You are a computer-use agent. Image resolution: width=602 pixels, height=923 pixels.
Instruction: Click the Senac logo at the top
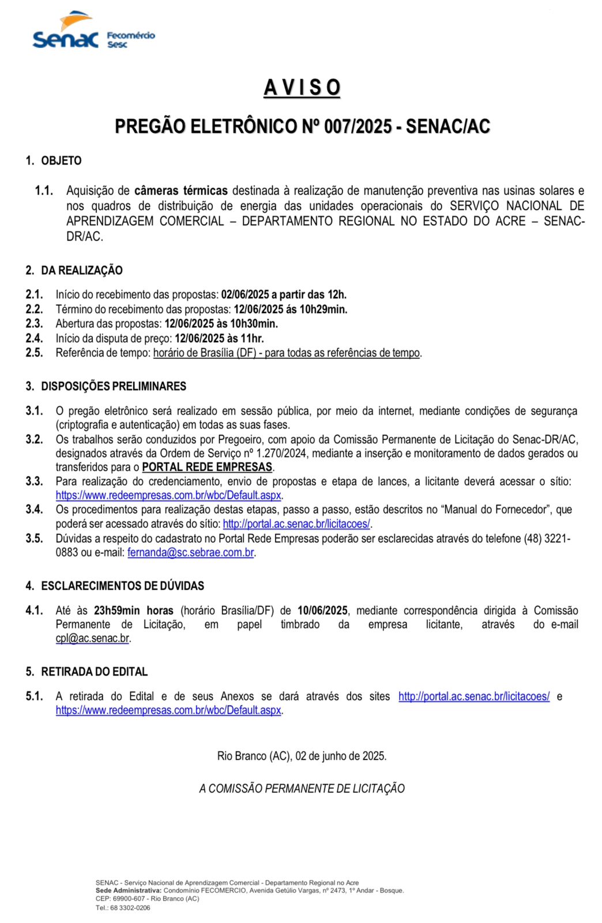click(66, 32)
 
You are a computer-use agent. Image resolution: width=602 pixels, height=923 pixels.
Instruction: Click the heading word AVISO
click(302, 88)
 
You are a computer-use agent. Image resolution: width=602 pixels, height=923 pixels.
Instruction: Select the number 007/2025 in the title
click(358, 126)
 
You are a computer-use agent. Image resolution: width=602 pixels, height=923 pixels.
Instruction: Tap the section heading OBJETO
click(61, 161)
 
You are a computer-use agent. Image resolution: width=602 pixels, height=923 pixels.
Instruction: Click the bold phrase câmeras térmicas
click(180, 191)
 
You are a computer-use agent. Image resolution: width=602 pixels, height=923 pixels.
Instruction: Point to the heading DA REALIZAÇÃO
click(81, 271)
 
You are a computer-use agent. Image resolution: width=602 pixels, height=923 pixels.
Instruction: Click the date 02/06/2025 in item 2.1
click(245, 295)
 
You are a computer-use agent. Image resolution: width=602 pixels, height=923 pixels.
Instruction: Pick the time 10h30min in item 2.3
click(254, 324)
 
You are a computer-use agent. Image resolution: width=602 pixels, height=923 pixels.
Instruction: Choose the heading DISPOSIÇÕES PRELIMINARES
click(114, 387)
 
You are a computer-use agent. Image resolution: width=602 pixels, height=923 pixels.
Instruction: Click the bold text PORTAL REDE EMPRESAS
click(207, 467)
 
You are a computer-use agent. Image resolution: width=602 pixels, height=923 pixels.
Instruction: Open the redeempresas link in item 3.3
click(168, 496)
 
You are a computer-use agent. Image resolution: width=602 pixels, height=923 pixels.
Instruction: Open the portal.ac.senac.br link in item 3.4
click(296, 524)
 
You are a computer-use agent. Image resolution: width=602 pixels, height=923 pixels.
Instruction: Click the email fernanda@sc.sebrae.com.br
click(191, 553)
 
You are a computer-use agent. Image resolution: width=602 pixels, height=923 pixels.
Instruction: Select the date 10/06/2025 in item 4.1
click(322, 610)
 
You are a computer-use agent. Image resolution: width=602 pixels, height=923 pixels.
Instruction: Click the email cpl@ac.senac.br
click(92, 639)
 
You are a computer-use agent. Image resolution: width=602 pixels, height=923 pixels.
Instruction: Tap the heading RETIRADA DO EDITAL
click(94, 672)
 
